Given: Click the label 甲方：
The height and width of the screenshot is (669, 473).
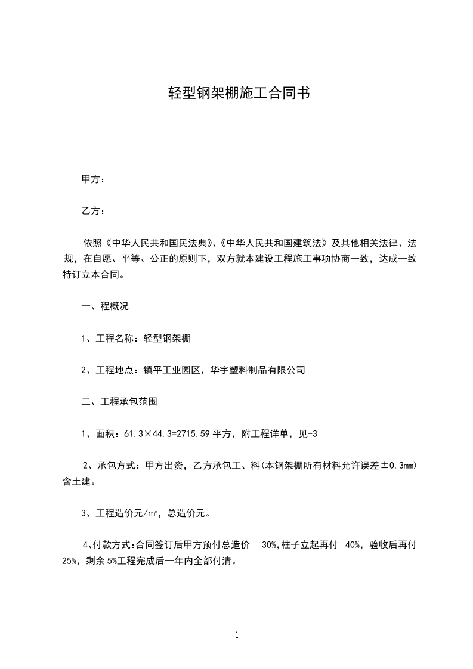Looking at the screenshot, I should tap(93, 179).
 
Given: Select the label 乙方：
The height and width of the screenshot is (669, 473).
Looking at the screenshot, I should tap(93, 211).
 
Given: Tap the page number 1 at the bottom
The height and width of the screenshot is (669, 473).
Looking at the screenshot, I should tap(237, 635).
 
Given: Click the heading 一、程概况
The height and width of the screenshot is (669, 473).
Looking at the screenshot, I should tap(105, 307).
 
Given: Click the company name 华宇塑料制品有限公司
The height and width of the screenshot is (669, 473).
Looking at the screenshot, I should tap(258, 370).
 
